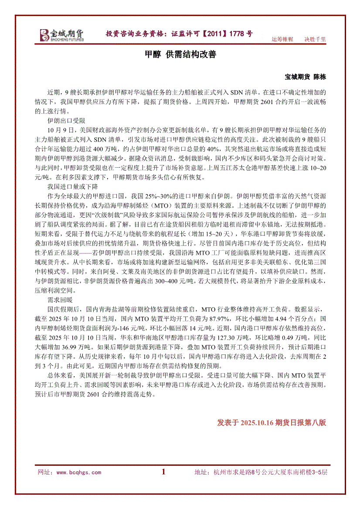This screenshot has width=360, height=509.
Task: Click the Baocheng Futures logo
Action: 62,34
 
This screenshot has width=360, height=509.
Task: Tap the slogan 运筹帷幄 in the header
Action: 282,39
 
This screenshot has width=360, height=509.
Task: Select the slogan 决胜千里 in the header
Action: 315,39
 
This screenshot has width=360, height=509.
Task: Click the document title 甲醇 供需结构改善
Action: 180,55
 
